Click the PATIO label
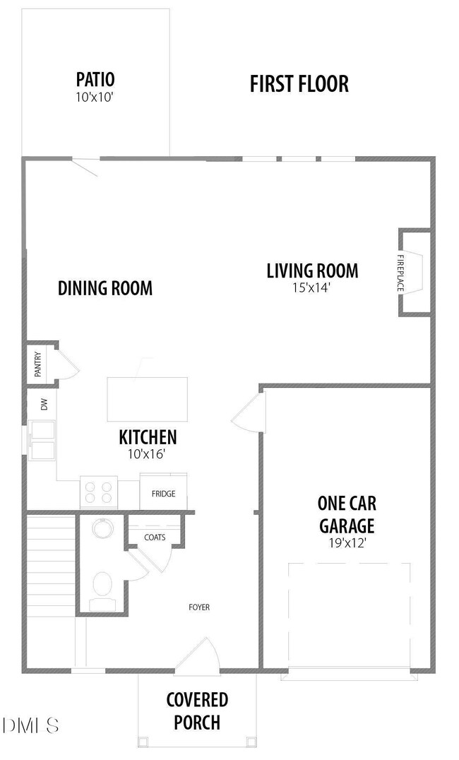tap(95, 79)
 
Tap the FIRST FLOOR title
tap(299, 84)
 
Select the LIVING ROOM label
tap(313, 271)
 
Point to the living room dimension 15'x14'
tap(311, 288)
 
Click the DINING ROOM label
tap(105, 288)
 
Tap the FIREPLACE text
tap(400, 273)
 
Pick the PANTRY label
tap(38, 364)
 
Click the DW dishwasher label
tap(44, 404)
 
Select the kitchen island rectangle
tap(148, 399)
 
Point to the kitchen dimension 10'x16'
tap(148, 454)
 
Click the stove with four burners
tap(99, 492)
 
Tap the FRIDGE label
tap(163, 494)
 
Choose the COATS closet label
tap(155, 538)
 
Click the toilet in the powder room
tap(102, 590)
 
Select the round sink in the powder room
tap(103, 528)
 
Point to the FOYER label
tap(199, 607)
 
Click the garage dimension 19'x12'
tap(347, 543)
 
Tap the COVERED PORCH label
tap(197, 711)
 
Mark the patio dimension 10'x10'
tap(95, 97)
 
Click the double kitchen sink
tap(42, 440)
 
